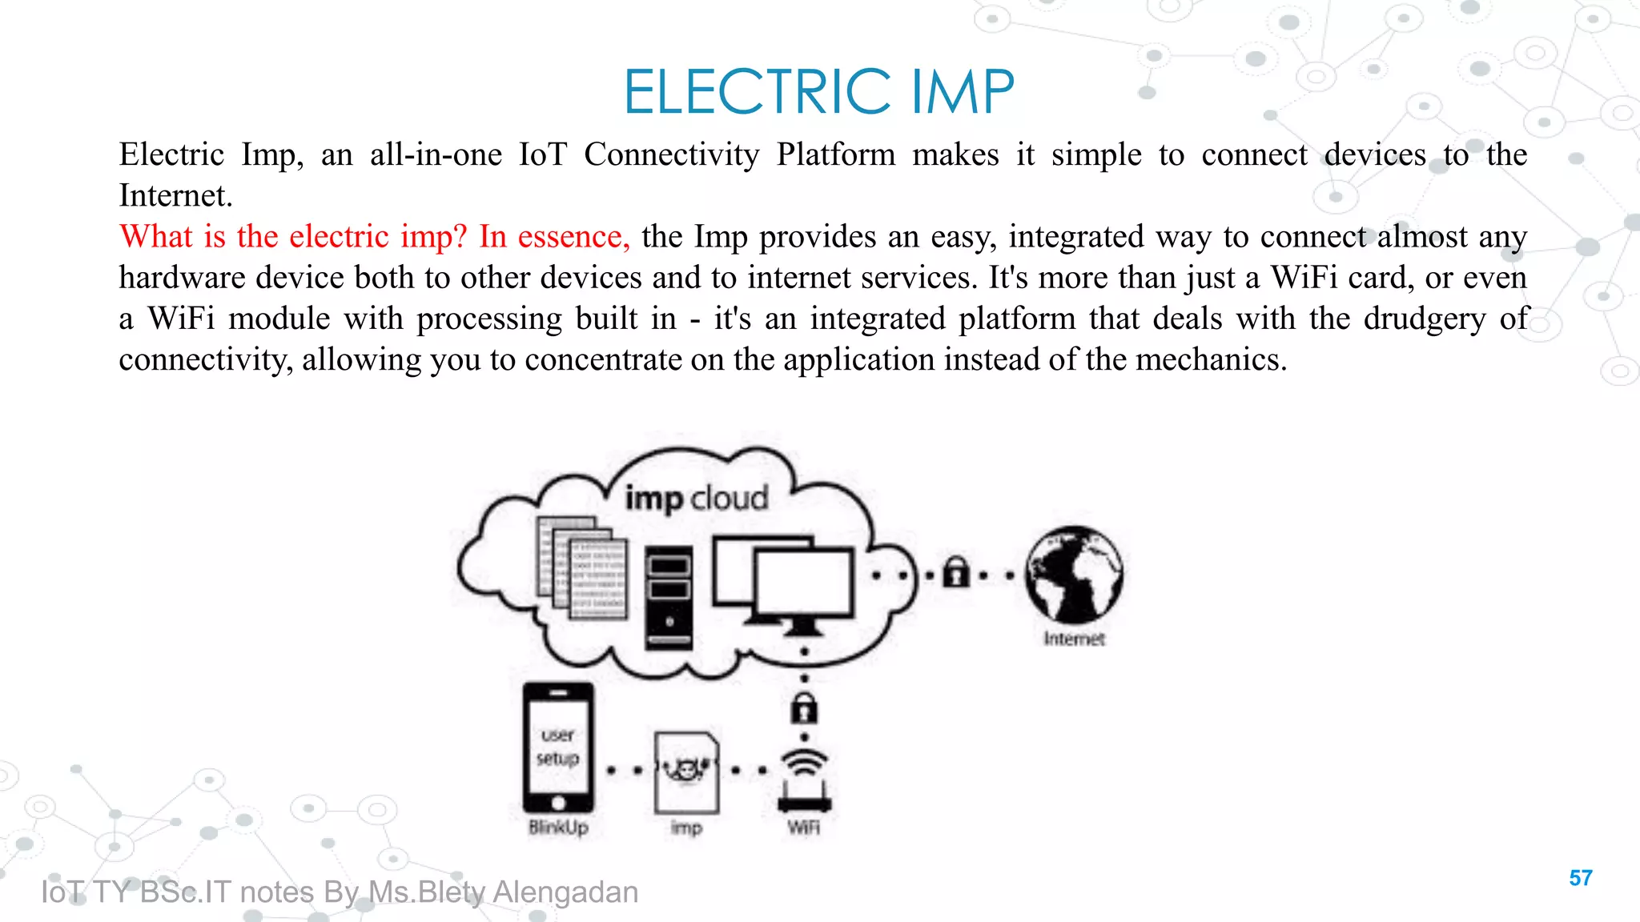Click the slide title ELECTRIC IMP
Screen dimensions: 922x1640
(x=818, y=91)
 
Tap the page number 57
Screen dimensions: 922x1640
(x=1580, y=878)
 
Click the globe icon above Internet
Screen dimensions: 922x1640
(x=1075, y=575)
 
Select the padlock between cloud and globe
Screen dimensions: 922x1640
(x=955, y=573)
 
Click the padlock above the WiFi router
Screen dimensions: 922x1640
(x=804, y=708)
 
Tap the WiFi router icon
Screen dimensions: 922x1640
(x=804, y=781)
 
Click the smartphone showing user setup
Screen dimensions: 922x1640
(x=558, y=748)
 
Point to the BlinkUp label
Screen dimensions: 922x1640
(x=558, y=828)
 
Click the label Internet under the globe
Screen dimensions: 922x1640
(x=1074, y=639)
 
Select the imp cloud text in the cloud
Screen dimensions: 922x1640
(x=696, y=498)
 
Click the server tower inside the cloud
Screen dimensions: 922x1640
(x=669, y=596)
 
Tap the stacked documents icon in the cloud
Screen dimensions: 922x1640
(x=582, y=568)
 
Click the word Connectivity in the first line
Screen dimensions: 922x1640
(x=671, y=154)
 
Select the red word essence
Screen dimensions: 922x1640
(x=572, y=237)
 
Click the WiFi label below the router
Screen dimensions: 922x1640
(x=803, y=828)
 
